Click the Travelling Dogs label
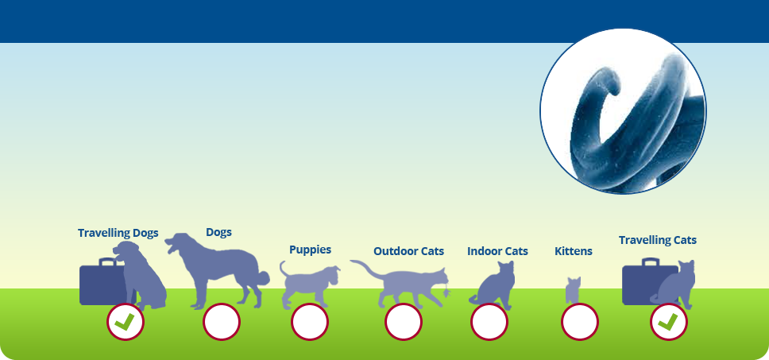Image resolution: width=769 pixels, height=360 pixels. click(x=118, y=233)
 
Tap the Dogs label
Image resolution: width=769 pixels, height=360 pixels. click(x=218, y=233)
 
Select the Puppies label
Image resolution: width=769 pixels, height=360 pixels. click(x=310, y=250)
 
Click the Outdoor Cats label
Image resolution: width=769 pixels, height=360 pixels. click(x=408, y=251)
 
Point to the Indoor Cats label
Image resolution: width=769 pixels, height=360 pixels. click(x=497, y=251)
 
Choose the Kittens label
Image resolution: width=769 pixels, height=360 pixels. click(x=574, y=251)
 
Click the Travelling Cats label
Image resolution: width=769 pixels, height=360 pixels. click(x=657, y=240)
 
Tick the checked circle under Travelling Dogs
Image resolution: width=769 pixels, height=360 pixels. click(x=125, y=322)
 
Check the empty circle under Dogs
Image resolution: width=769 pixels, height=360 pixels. click(x=222, y=322)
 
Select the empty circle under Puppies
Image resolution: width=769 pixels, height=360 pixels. click(x=310, y=322)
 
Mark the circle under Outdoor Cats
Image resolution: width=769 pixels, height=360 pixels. click(x=403, y=322)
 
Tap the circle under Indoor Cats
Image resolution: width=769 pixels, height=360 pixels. click(x=489, y=322)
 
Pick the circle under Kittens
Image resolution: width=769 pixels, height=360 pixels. click(x=580, y=322)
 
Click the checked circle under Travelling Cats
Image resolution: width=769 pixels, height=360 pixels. click(x=668, y=322)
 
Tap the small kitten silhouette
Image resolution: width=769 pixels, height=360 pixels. click(x=573, y=290)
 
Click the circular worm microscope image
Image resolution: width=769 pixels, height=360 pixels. click(x=623, y=111)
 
